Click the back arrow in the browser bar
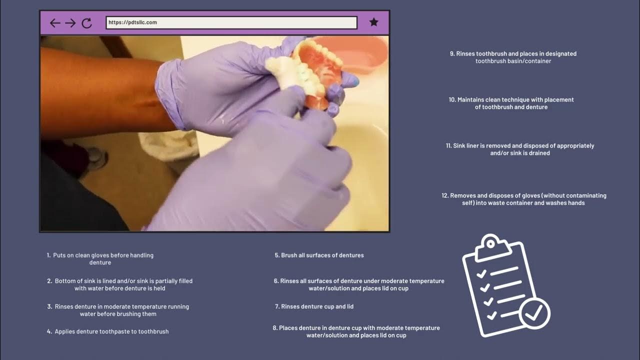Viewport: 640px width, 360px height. point(55,22)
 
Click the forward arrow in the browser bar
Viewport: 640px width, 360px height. point(70,22)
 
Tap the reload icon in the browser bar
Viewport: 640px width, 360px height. point(86,22)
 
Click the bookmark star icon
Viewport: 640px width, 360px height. point(373,22)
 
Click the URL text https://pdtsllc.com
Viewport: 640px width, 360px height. point(132,22)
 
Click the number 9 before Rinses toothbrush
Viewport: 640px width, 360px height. point(452,53)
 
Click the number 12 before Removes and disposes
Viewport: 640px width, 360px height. point(444,196)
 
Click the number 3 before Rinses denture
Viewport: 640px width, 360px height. point(49,307)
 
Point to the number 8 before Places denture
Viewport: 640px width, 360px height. point(274,328)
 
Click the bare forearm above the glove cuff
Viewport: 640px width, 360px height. point(100,90)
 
